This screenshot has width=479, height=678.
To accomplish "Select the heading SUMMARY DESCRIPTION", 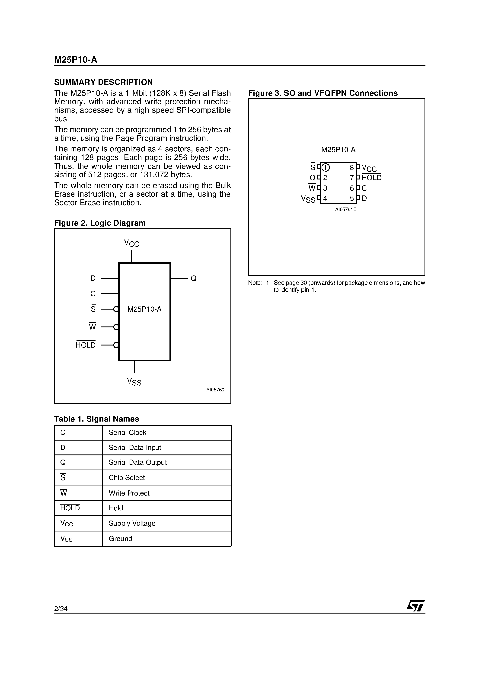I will pos(103,82).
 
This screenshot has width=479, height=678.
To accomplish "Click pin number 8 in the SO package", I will pos(351,168).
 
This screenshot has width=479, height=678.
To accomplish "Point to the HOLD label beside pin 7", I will pos(371,178).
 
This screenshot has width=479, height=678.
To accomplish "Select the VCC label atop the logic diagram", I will pos(132,243).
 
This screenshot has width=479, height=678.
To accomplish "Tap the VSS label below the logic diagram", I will pos(134,382).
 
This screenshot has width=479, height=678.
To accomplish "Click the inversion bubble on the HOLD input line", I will pos(116,345).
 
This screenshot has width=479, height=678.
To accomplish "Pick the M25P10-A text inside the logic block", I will pos(144,309).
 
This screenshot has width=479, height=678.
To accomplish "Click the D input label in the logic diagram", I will pos(93,278).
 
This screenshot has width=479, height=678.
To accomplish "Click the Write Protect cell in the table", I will pos(129,493).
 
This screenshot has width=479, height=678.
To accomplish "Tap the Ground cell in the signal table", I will pos(121,539).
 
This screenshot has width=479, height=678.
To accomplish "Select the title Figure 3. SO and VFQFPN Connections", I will pos(323,93).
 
